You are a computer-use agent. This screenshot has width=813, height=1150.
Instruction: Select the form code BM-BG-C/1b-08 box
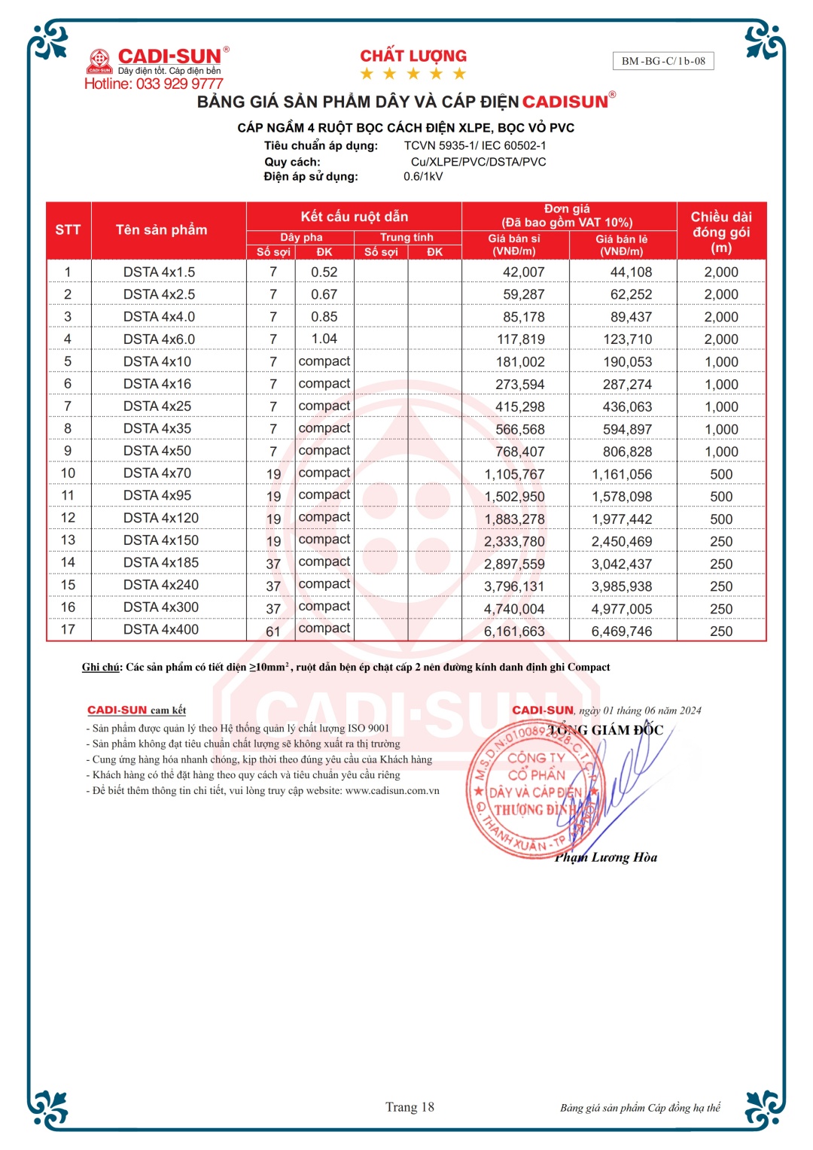pyautogui.click(x=663, y=61)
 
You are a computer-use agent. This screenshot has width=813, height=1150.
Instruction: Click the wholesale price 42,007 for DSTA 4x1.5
pyautogui.click(x=523, y=272)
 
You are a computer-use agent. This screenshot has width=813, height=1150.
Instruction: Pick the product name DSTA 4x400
pyautogui.click(x=160, y=630)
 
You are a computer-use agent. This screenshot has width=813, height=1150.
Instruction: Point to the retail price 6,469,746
pyautogui.click(x=621, y=631)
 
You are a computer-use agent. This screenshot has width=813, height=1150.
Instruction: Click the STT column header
pyautogui.click(x=68, y=230)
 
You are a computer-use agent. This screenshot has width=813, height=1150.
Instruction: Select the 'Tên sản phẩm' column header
pyautogui.click(x=161, y=230)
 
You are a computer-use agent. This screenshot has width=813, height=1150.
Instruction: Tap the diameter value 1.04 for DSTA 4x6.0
pyautogui.click(x=324, y=339)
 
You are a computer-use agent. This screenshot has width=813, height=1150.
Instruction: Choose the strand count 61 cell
pyautogui.click(x=273, y=631)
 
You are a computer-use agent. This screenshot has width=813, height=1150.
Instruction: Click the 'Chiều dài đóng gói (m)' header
pyautogui.click(x=721, y=232)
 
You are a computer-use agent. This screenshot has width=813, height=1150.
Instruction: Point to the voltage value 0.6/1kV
pyautogui.click(x=423, y=177)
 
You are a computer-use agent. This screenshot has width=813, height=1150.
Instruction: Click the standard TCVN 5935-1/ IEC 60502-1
pyautogui.click(x=474, y=146)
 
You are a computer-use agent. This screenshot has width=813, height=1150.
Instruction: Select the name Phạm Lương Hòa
pyautogui.click(x=606, y=857)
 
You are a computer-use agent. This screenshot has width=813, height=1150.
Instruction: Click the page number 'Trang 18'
pyautogui.click(x=410, y=1107)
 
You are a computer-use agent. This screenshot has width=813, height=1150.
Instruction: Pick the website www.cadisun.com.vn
pyautogui.click(x=392, y=791)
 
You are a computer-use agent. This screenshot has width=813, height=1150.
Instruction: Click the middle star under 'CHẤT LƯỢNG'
pyautogui.click(x=413, y=74)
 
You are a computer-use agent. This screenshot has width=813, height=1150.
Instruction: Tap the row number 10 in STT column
pyautogui.click(x=68, y=473)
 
